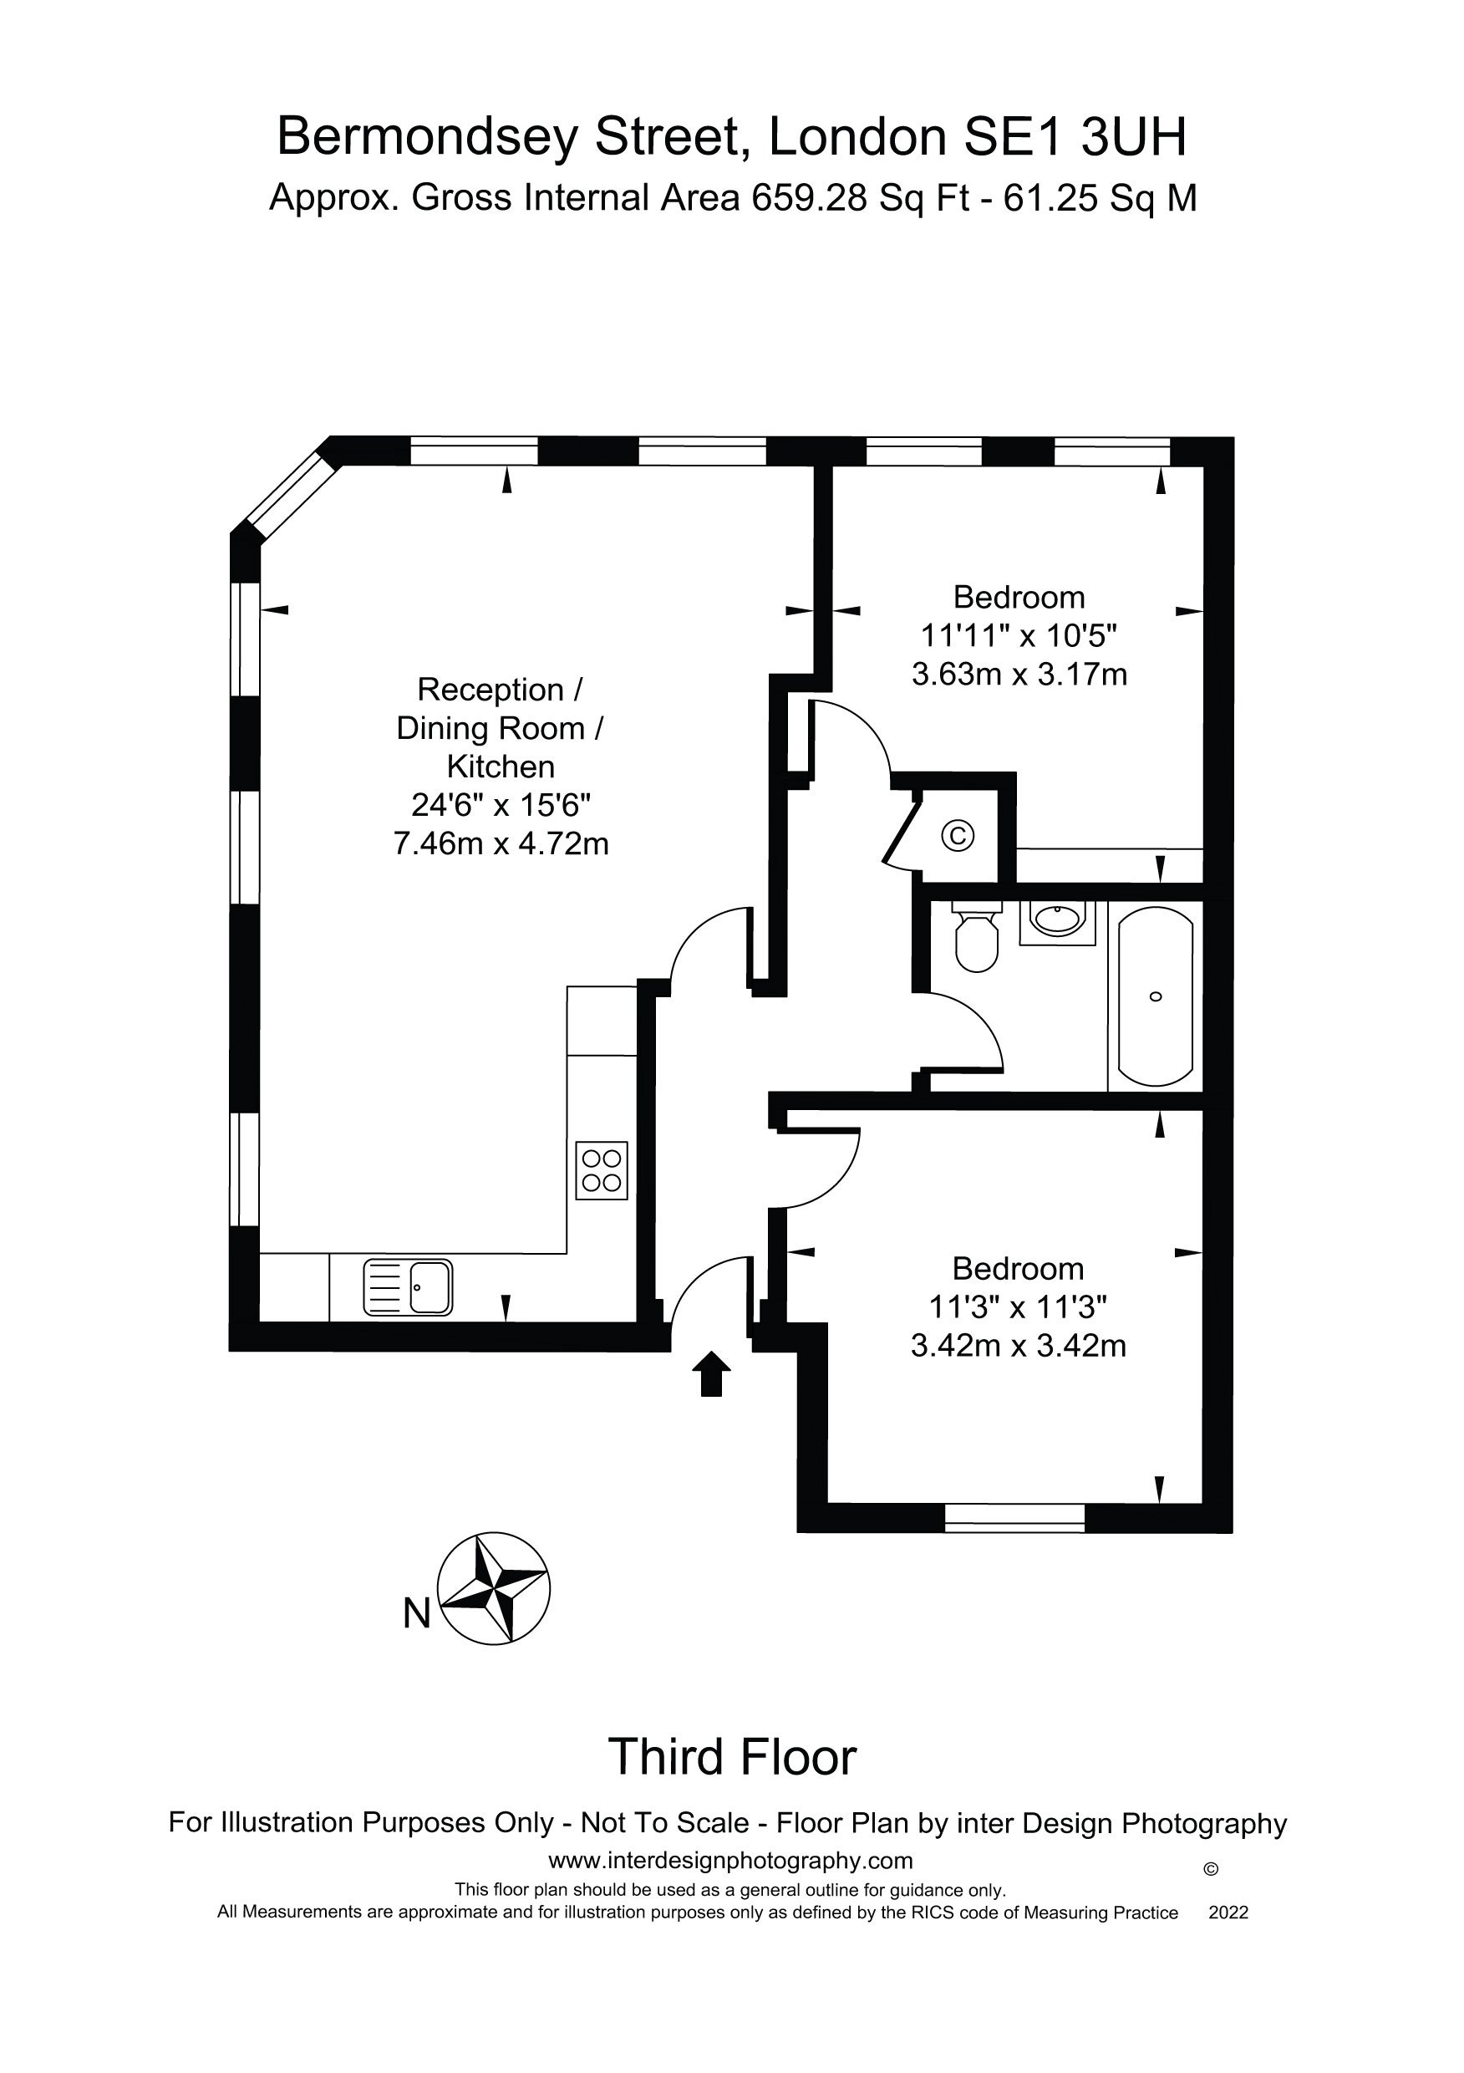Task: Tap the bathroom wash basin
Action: click(1057, 921)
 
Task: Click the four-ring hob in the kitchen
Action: click(602, 1170)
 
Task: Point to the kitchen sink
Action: click(408, 1287)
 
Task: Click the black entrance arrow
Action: click(711, 1373)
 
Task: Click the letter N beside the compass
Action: click(416, 1613)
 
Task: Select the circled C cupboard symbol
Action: click(958, 835)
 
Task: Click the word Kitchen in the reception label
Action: click(501, 767)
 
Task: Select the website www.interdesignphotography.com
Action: click(731, 1861)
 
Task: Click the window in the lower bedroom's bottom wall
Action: click(1014, 1518)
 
